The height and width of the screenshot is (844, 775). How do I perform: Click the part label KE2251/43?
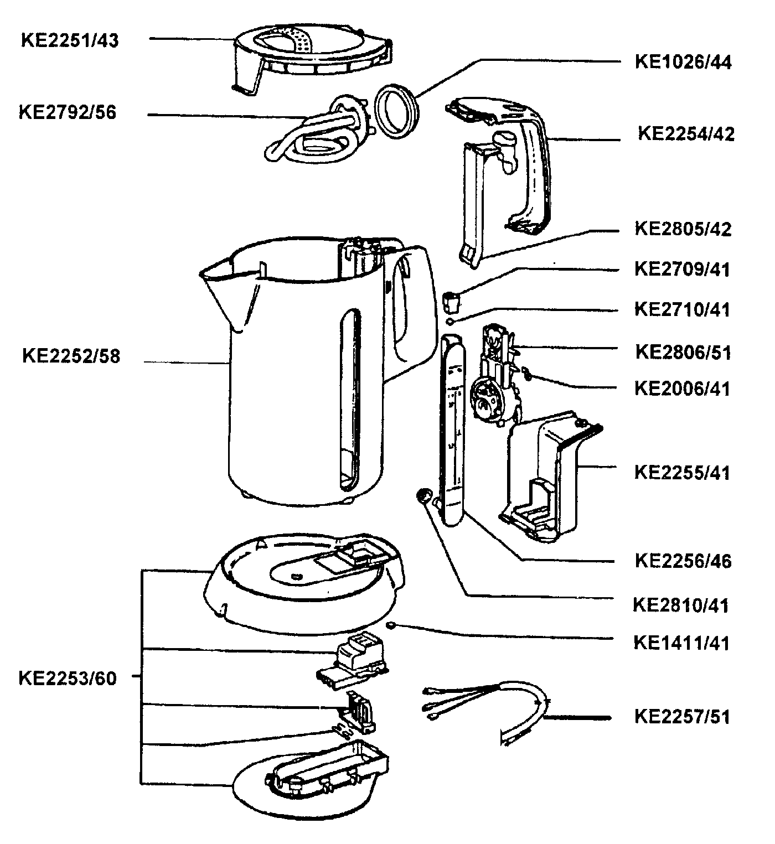coord(70,41)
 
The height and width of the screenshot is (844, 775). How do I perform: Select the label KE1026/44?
coord(683,62)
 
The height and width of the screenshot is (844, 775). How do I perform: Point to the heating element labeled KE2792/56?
coord(316,133)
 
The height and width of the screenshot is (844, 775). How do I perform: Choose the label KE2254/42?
coord(686,134)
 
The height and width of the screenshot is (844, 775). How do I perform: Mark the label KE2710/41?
coord(683,309)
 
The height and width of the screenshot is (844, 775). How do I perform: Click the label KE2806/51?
coord(683,352)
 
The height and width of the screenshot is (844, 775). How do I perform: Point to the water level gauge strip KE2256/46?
coord(453,432)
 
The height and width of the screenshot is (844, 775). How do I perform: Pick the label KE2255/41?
coord(683,473)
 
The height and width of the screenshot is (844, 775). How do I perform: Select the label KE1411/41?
coord(683,643)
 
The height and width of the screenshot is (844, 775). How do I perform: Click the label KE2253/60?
coord(68,679)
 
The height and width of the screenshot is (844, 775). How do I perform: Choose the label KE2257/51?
coord(683,717)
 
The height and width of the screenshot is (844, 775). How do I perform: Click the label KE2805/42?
coord(683,229)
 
